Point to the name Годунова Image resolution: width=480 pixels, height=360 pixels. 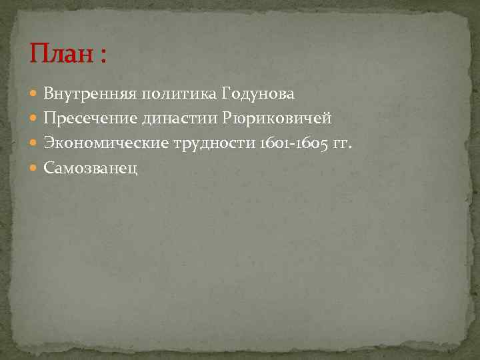pos(257,94)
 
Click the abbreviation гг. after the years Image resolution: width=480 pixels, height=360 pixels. pos(341,143)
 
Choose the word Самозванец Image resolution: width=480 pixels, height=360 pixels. pos(91,167)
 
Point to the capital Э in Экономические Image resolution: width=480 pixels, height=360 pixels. pos(48,142)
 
